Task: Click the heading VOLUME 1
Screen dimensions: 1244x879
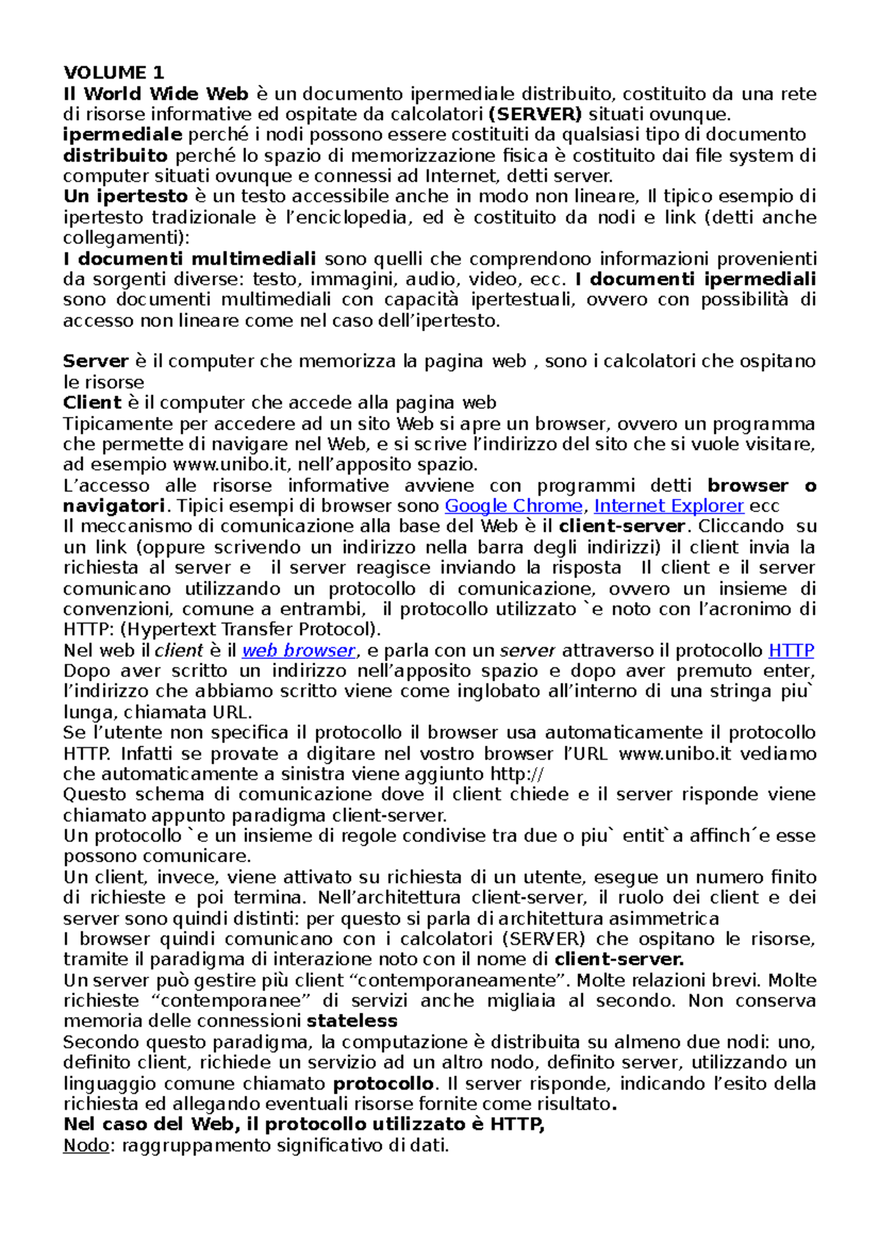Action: pyautogui.click(x=114, y=73)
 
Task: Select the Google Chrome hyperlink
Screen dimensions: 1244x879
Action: pyautogui.click(x=513, y=506)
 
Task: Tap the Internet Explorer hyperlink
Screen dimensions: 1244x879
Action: pyautogui.click(x=669, y=506)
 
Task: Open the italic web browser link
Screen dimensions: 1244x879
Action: pyautogui.click(x=298, y=651)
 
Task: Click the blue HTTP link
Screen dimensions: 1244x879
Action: pyautogui.click(x=791, y=651)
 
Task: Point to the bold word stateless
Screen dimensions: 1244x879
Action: pyautogui.click(x=352, y=1021)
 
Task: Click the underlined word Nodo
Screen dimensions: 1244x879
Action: pyautogui.click(x=86, y=1146)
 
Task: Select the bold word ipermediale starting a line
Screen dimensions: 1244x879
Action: pyautogui.click(x=122, y=135)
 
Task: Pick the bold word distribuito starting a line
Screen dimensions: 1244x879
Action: pyautogui.click(x=115, y=155)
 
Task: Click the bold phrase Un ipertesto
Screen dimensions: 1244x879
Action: pyautogui.click(x=125, y=196)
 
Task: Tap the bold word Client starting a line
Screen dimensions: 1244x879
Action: pyautogui.click(x=92, y=403)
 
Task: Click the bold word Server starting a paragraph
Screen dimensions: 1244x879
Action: pyautogui.click(x=95, y=361)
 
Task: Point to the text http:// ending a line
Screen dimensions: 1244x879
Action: pyautogui.click(x=517, y=774)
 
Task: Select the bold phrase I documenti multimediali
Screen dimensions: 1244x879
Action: pyautogui.click(x=190, y=259)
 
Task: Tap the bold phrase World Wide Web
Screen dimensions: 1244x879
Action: pyautogui.click(x=166, y=94)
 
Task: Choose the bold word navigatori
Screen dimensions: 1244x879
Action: pyautogui.click(x=114, y=506)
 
